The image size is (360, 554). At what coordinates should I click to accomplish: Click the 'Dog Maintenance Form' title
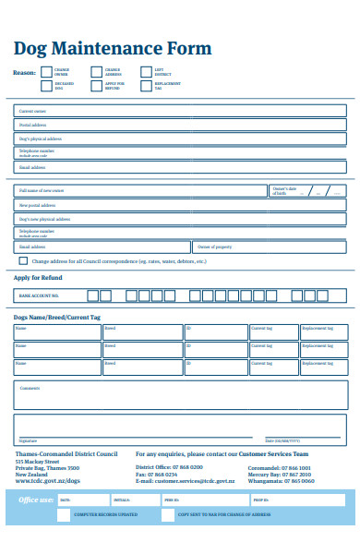point(113,48)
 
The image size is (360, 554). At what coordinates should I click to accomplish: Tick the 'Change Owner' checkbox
point(46,71)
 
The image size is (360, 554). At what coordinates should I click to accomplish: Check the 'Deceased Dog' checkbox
point(46,85)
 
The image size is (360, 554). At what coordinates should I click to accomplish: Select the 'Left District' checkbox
point(146,71)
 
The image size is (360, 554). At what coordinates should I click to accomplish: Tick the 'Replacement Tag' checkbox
point(146,85)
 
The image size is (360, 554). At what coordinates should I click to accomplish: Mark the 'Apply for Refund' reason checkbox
point(96,85)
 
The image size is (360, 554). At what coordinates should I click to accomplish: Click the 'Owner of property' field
point(270,247)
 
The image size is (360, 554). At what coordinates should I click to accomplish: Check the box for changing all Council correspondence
point(24,261)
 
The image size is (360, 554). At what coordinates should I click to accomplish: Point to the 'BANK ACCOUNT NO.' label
point(39,296)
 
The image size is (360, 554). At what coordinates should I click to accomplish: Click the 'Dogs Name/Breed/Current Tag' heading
point(57,317)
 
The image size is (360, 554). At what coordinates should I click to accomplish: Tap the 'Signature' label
point(28,440)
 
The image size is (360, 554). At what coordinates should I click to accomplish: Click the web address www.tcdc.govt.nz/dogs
point(47,481)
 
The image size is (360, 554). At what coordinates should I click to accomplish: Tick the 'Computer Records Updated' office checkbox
point(63,515)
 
